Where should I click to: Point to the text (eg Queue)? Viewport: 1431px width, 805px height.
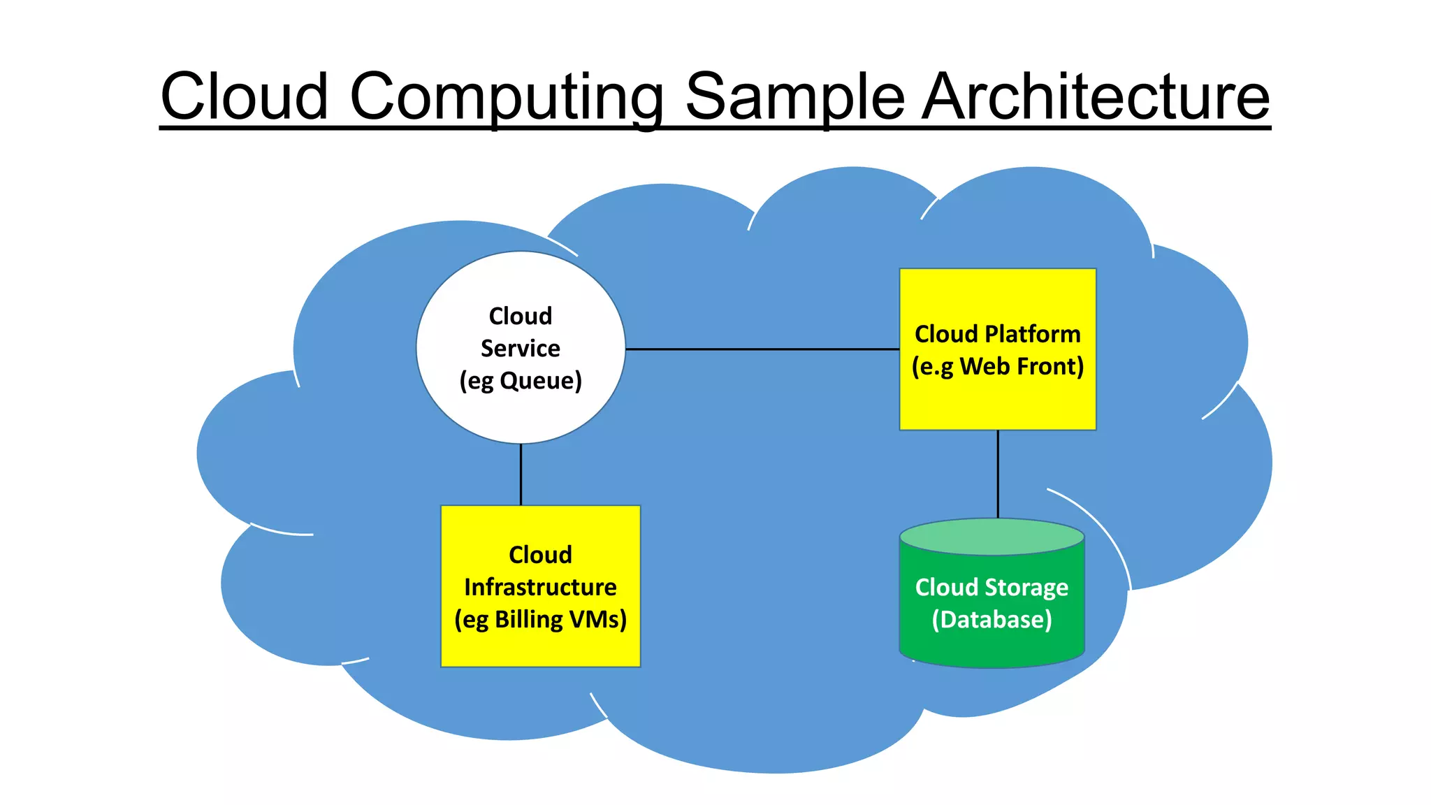[x=521, y=381]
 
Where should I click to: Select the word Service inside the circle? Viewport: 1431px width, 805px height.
[x=521, y=348]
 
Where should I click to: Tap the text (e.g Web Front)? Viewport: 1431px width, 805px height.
[x=998, y=366]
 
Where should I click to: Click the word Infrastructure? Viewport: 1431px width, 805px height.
[x=540, y=587]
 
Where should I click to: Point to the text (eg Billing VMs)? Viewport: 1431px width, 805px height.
[x=540, y=620]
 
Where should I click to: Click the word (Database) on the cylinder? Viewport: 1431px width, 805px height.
[x=992, y=620]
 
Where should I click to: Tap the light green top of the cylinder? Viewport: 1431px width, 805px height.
[x=992, y=537]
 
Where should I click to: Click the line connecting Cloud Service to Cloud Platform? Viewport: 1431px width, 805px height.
[x=762, y=349]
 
